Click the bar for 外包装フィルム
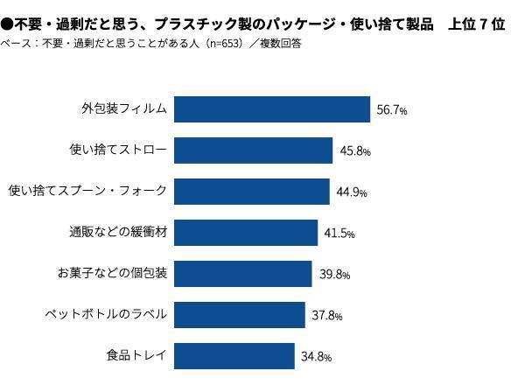click(x=272, y=109)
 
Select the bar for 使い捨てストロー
click(x=254, y=150)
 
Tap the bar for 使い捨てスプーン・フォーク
click(x=252, y=192)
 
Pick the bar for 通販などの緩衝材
click(x=246, y=233)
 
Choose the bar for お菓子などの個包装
click(x=242, y=274)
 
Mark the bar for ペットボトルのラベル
click(x=239, y=315)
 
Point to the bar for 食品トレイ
click(x=234, y=356)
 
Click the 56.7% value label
click(x=391, y=110)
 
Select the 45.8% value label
click(x=353, y=151)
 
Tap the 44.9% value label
click(x=350, y=192)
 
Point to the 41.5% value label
click(x=339, y=234)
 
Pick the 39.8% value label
click(x=334, y=275)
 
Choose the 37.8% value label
click(x=327, y=316)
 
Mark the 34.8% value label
click(x=317, y=357)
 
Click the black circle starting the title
click(x=7, y=24)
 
